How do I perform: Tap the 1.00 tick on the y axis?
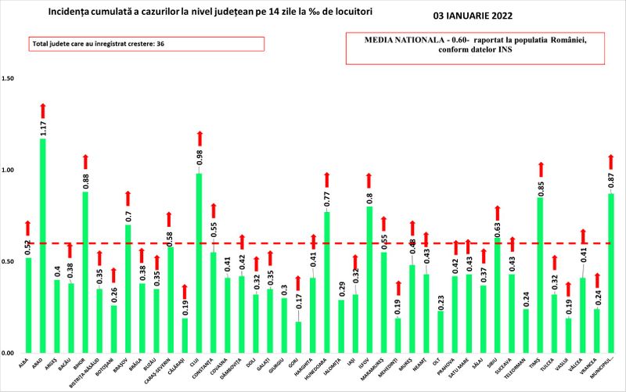click(9, 170)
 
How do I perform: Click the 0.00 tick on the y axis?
click(9, 353)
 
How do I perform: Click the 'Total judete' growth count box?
click(146, 45)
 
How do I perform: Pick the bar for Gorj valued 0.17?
click(298, 336)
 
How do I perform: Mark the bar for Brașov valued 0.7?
click(128, 289)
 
